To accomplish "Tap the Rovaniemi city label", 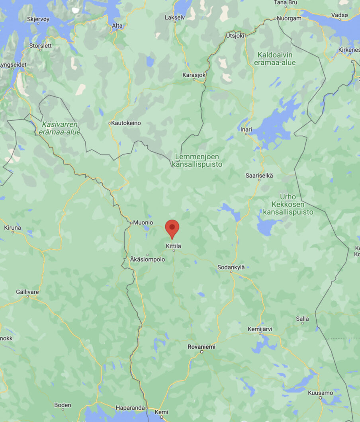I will tap(202, 347).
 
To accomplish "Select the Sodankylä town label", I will tap(231, 267).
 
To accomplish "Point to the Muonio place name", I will tap(143, 223).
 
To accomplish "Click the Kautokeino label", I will tap(126, 123).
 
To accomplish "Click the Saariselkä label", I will tap(259, 176).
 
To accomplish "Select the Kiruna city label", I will tap(12, 228).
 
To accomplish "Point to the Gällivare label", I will tap(27, 292).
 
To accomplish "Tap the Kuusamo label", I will tap(320, 393).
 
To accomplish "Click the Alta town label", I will tap(117, 25).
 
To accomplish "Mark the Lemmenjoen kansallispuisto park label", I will tap(197, 160).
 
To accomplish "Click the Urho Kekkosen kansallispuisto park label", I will tap(288, 204).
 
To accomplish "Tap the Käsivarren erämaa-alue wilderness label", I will tap(60, 128).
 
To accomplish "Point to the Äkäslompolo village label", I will tap(147, 259).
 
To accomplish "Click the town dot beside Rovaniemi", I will tap(202, 352).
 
